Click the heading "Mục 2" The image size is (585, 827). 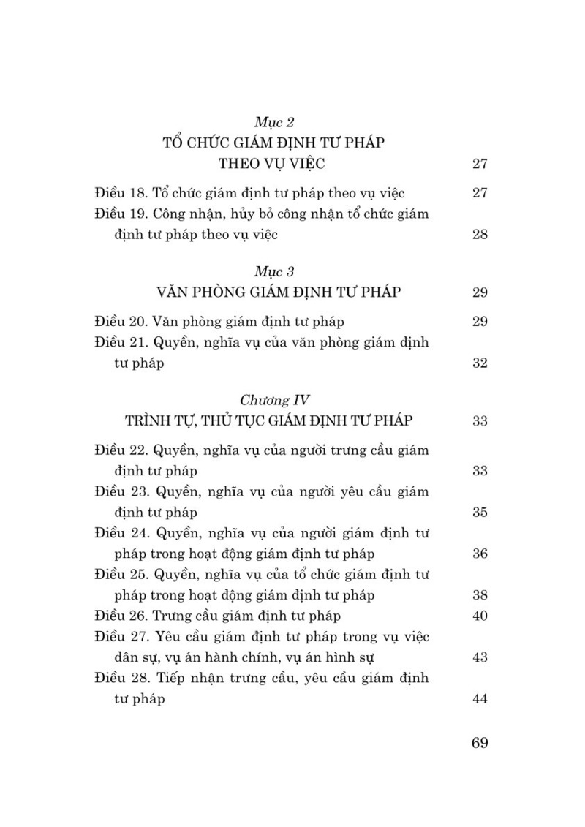pyautogui.click(x=273, y=122)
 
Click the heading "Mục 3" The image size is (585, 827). pyautogui.click(x=273, y=272)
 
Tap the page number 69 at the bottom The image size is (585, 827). pyautogui.click(x=480, y=743)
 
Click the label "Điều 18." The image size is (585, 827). pyautogui.click(x=119, y=193)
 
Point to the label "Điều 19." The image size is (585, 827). pyautogui.click(x=119, y=214)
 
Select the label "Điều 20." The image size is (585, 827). pyautogui.click(x=120, y=321)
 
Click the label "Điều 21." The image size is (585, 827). pyautogui.click(x=120, y=342)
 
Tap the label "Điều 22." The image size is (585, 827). pyautogui.click(x=120, y=450)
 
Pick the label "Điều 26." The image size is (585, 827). pyautogui.click(x=120, y=616)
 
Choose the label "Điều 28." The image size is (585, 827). pyautogui.click(x=120, y=679)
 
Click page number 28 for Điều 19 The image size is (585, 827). pyautogui.click(x=480, y=235)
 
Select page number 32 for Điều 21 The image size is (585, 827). pyautogui.click(x=480, y=363)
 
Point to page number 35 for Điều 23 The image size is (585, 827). pyautogui.click(x=480, y=512)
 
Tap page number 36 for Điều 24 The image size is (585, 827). pyautogui.click(x=480, y=554)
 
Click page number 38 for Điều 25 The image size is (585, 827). pyautogui.click(x=480, y=595)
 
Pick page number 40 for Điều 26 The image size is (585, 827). pyautogui.click(x=480, y=616)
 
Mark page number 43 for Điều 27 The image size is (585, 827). pyautogui.click(x=480, y=657)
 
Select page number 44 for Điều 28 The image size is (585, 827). pyautogui.click(x=480, y=699)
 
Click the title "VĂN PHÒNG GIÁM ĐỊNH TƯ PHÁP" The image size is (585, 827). pyautogui.click(x=279, y=292)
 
